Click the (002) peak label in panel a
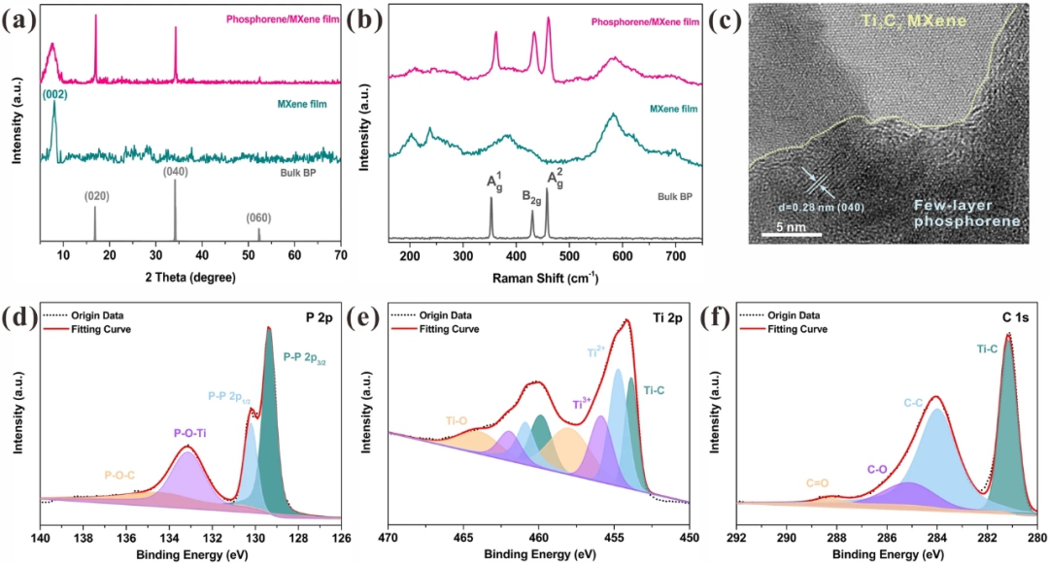pos(53,94)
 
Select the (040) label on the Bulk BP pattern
pos(176,172)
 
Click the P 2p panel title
pos(321,314)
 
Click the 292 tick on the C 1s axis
pos(737,537)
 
